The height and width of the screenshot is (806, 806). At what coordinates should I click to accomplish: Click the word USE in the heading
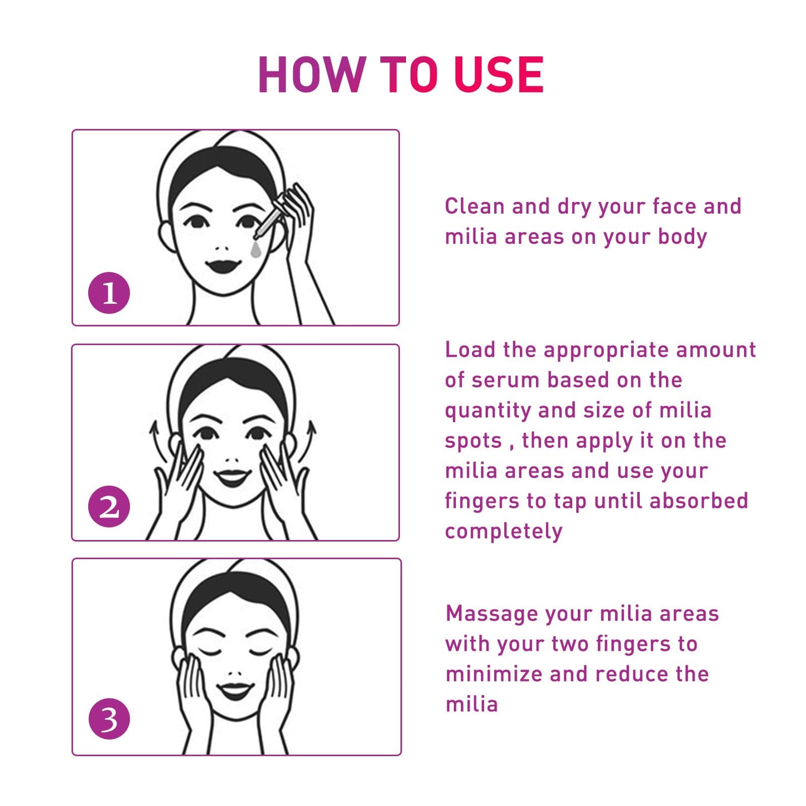[x=499, y=75]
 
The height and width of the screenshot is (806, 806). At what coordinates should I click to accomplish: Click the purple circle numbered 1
[x=109, y=293]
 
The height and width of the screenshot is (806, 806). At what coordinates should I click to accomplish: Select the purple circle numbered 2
[x=109, y=507]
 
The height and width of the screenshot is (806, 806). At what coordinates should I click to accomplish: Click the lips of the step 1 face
[x=223, y=265]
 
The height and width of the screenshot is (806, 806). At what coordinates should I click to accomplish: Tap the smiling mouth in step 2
[x=232, y=477]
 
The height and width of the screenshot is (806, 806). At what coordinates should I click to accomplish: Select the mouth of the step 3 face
[x=235, y=691]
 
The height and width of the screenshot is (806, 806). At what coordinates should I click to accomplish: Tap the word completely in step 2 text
[x=503, y=531]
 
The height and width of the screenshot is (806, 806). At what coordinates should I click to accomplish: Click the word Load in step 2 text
[x=470, y=350]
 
